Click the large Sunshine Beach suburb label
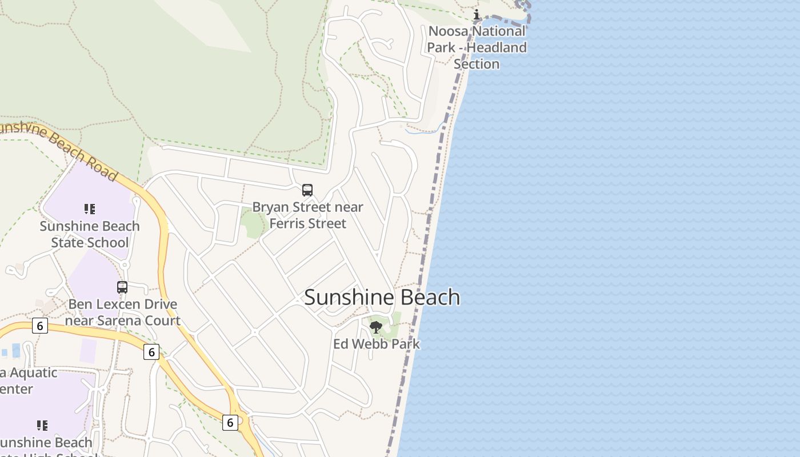382,298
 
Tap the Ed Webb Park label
377,344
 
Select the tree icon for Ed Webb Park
376,327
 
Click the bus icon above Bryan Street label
307,190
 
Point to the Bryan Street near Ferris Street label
307,215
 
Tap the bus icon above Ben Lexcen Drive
122,287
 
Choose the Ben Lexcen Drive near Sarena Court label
122,312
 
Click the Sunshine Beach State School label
90,234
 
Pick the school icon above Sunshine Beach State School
90,209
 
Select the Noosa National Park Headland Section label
477,47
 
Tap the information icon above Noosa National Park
477,15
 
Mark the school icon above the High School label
42,426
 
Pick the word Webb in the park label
378,344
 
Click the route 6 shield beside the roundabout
230,422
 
